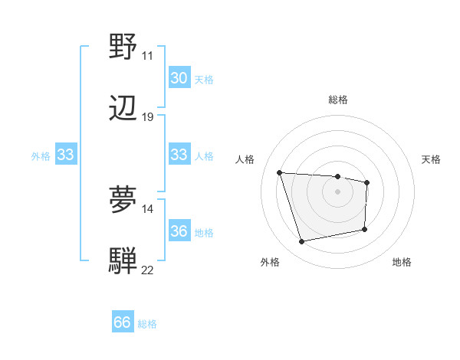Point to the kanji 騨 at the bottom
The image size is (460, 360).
123,260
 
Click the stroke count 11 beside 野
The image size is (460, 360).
147,56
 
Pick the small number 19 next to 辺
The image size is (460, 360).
148,117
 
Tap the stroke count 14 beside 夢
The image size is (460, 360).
148,208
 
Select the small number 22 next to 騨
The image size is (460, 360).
148,270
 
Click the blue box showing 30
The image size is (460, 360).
179,78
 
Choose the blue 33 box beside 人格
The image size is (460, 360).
179,155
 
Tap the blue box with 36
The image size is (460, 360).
179,231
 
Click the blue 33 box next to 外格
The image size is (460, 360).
65,155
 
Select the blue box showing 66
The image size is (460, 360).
123,322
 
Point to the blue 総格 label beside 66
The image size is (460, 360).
147,324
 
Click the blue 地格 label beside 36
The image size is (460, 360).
204,232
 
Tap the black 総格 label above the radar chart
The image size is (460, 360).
338,100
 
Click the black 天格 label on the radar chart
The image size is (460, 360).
432,159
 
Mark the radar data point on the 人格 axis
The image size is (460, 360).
280,172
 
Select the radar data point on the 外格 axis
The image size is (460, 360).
302,242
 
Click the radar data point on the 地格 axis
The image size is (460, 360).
365,228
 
